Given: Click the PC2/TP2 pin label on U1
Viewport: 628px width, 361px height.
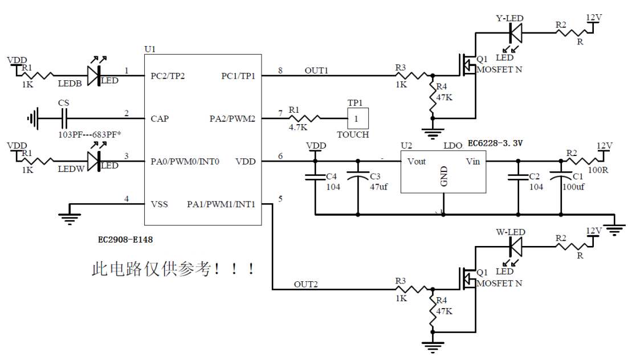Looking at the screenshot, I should click(168, 76).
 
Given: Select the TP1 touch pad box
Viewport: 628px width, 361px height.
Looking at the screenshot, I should click(357, 118).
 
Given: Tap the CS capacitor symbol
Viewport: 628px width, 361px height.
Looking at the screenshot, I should click(64, 118).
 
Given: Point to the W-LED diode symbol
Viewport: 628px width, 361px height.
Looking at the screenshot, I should click(516, 246).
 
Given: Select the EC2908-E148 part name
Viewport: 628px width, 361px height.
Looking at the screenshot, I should click(125, 240).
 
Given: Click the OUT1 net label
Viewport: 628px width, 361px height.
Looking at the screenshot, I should click(316, 71).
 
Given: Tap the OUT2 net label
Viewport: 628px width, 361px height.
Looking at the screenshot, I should click(305, 284).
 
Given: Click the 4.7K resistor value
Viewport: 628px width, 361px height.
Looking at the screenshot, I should click(297, 128).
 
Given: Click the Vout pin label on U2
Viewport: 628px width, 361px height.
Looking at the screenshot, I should click(417, 162).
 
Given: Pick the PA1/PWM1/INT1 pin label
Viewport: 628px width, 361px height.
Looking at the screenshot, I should click(221, 204).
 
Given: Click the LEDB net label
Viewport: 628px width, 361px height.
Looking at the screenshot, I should click(70, 83).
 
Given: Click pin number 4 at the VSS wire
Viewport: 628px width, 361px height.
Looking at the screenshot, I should click(127, 199).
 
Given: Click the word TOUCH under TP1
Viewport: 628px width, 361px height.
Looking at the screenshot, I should click(353, 135).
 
